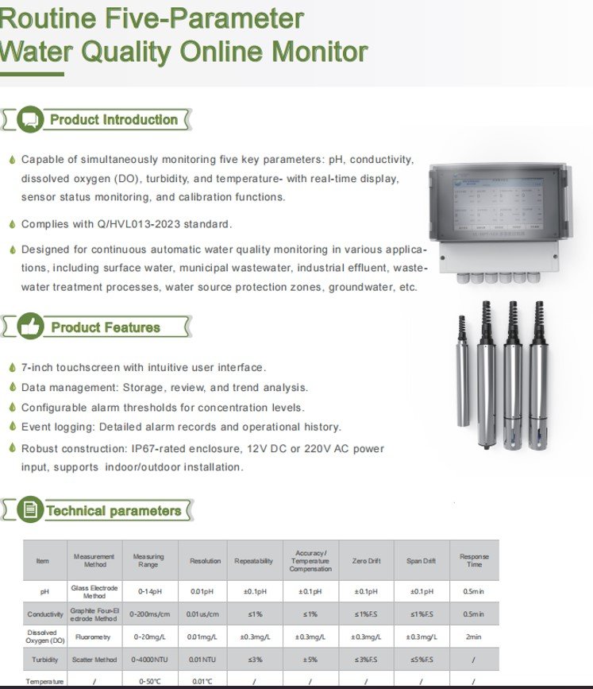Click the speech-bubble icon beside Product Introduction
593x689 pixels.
click(30, 120)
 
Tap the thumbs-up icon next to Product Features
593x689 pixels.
click(31, 327)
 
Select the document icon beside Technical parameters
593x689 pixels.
click(29, 510)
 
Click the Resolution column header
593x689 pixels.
click(205, 561)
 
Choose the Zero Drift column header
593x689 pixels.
click(366, 561)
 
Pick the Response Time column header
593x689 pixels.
click(474, 561)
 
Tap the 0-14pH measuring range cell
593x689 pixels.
click(149, 592)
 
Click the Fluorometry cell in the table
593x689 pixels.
click(94, 637)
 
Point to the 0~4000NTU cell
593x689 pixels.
click(149, 660)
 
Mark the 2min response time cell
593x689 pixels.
click(474, 637)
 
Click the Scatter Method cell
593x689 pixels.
click(94, 660)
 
